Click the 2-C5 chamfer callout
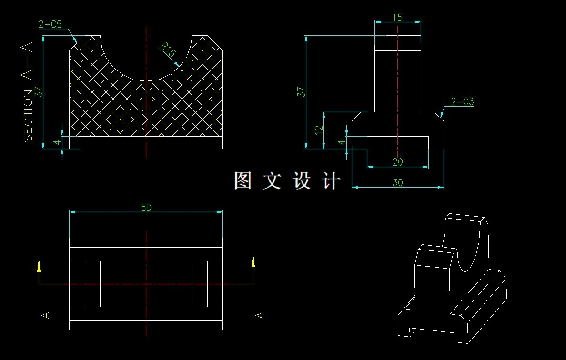pyautogui.click(x=50, y=25)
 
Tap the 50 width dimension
pyautogui.click(x=146, y=208)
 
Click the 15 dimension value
pyautogui.click(x=397, y=18)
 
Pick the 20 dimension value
pyautogui.click(x=397, y=162)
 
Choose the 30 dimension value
pyautogui.click(x=397, y=182)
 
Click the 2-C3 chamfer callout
pyautogui.click(x=462, y=102)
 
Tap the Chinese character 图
pyautogui.click(x=243, y=181)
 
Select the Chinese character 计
pyautogui.click(x=332, y=181)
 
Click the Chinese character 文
pyautogui.click(x=272, y=181)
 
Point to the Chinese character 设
pyautogui.click(x=302, y=181)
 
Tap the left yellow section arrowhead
pyautogui.click(x=39, y=265)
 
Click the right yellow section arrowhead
pyautogui.click(x=253, y=261)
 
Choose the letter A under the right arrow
pyautogui.click(x=260, y=315)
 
